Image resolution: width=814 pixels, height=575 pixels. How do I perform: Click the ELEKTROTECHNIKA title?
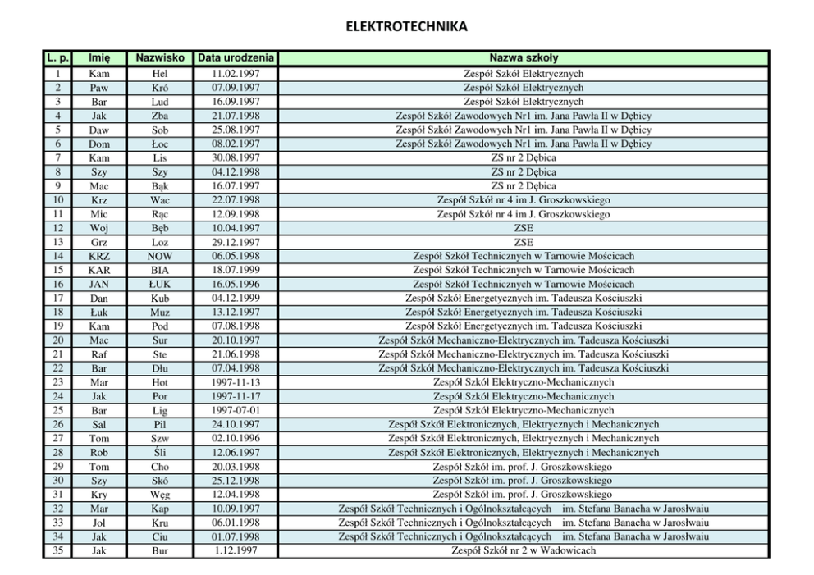coord(406,26)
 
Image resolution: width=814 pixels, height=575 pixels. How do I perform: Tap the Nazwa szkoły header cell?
coord(524,58)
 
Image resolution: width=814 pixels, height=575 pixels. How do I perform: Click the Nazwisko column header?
coord(160,58)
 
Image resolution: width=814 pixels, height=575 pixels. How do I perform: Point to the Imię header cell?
coord(99,58)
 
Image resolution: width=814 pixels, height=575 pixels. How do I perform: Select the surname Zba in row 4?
coord(160,116)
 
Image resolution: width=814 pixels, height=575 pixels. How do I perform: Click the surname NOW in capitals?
coord(160,256)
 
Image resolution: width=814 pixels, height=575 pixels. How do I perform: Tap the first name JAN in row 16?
coord(99,284)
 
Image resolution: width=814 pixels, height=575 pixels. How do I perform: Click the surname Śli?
coord(160,452)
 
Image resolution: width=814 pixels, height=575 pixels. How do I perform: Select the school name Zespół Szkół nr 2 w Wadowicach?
coord(524,550)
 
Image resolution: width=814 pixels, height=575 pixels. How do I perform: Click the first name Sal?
coord(99,424)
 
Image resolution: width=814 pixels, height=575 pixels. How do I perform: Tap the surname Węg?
coord(160,495)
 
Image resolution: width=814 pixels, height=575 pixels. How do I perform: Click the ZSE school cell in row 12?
coord(524,228)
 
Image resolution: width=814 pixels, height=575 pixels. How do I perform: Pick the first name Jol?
coord(99,523)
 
